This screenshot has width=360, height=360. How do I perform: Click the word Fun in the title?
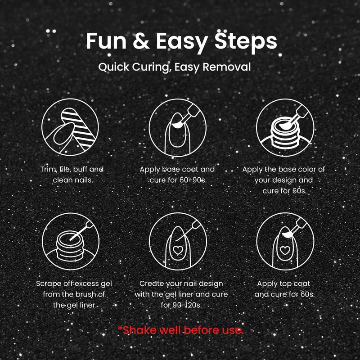coord(106,41)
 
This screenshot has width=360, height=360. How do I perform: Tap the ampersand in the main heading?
coord(141,41)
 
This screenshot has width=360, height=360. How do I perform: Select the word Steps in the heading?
coord(246,43)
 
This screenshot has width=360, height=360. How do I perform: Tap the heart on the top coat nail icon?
coord(285,250)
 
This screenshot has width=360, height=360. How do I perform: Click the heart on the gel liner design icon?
coord(178,250)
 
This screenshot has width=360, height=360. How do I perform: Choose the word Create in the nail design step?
coord(152,283)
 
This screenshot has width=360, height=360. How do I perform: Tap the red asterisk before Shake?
coord(120,328)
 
